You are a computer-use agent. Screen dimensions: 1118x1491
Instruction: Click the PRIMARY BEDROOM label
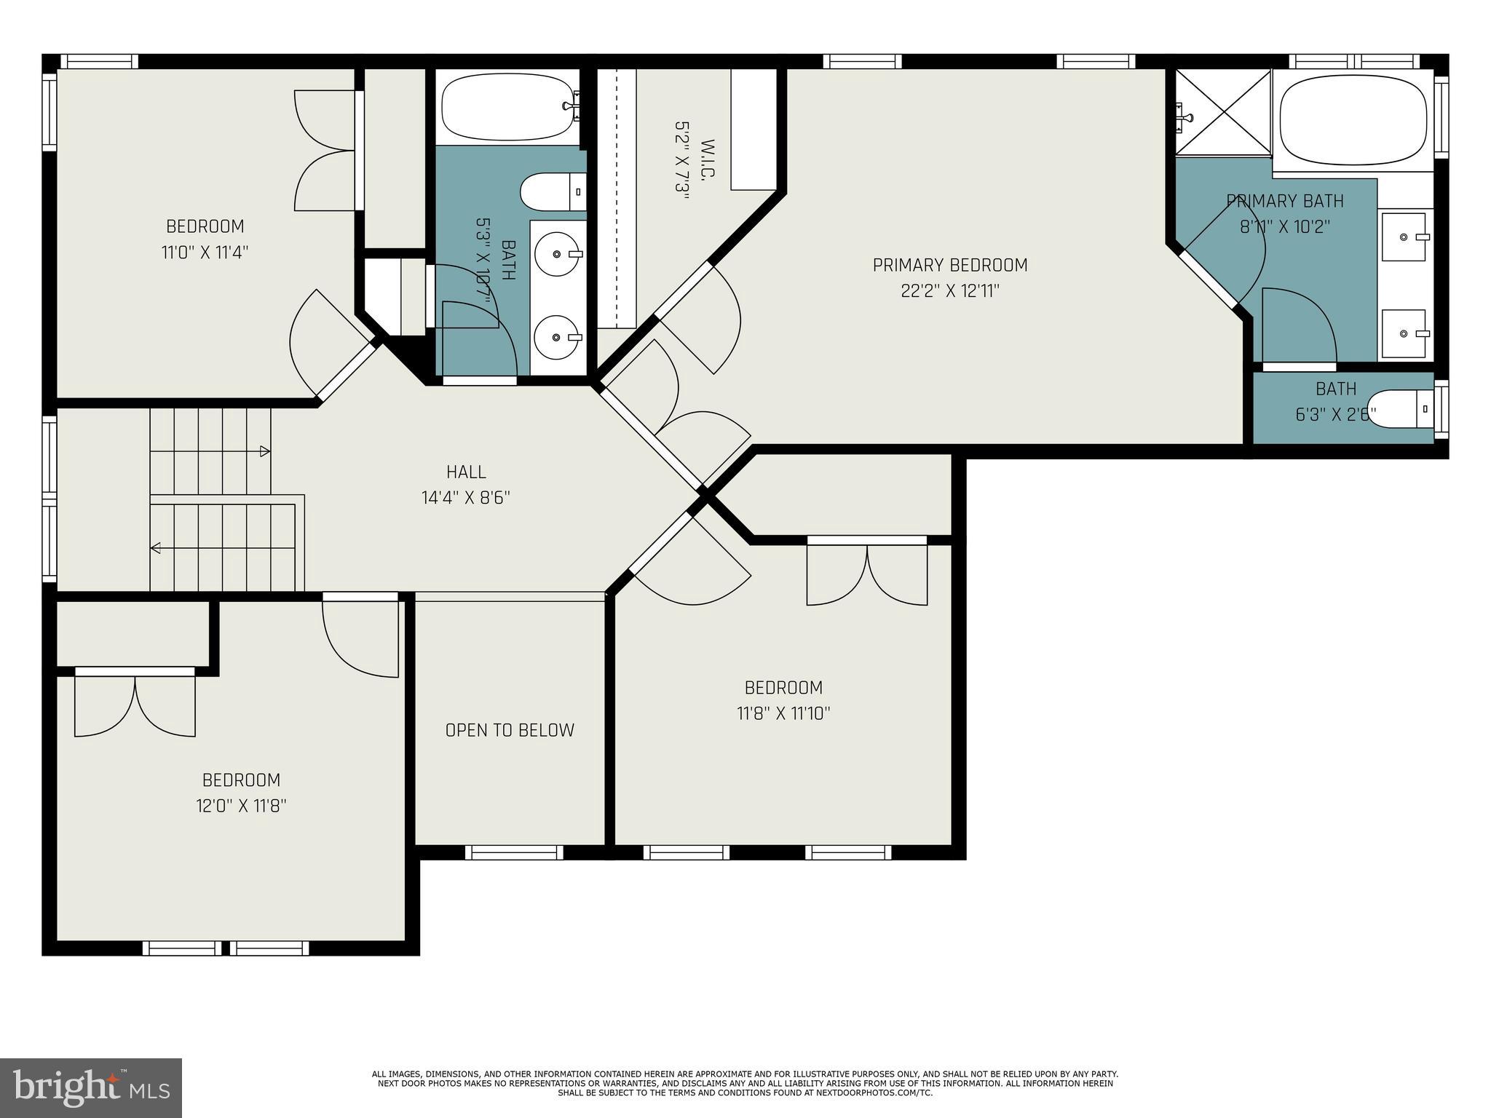pyautogui.click(x=949, y=265)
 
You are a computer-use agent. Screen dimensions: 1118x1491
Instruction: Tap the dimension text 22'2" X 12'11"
pyautogui.click(x=949, y=291)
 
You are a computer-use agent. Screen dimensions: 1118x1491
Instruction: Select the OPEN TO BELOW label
pyautogui.click(x=510, y=730)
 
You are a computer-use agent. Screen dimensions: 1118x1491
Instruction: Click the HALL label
pyautogui.click(x=466, y=472)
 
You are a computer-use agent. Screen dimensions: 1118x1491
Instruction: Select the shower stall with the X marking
pyautogui.click(x=1223, y=112)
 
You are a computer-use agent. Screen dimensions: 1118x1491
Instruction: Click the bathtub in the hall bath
pyautogui.click(x=507, y=106)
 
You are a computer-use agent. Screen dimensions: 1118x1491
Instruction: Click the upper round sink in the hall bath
pyautogui.click(x=558, y=254)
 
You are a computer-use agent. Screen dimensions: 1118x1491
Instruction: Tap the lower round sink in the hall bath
pyautogui.click(x=558, y=337)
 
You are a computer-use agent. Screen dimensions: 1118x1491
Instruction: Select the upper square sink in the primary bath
pyautogui.click(x=1406, y=237)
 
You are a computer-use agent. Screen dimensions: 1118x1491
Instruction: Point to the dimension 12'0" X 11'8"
pyautogui.click(x=241, y=806)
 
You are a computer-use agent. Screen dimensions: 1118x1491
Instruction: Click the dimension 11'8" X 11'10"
pyautogui.click(x=783, y=713)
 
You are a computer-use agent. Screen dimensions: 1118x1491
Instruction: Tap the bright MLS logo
pyautogui.click(x=91, y=1087)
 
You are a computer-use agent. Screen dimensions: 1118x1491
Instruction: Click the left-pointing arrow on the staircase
pyautogui.click(x=156, y=548)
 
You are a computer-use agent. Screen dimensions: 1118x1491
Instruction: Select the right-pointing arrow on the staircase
pyautogui.click(x=265, y=451)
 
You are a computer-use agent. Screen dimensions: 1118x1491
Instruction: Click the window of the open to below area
pyautogui.click(x=513, y=852)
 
